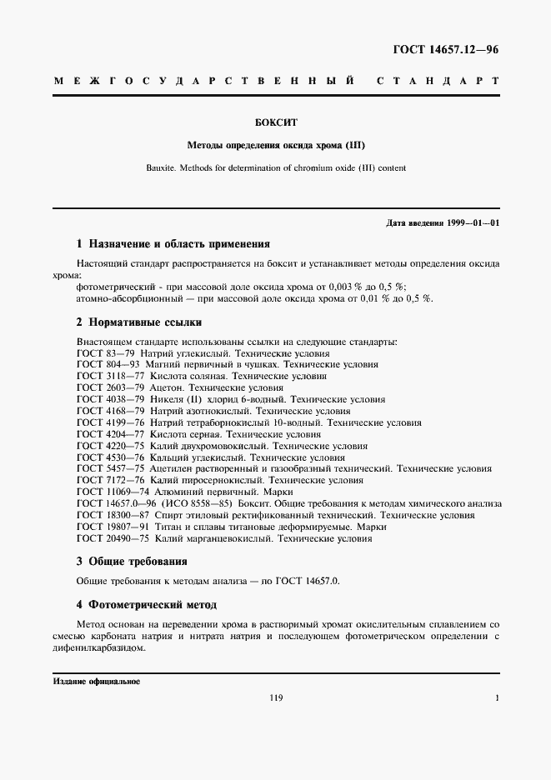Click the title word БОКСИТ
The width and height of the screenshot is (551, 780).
276,122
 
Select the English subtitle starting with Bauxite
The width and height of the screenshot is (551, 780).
276,167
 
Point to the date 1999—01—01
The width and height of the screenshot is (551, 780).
471,223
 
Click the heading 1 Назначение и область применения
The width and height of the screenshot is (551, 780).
173,244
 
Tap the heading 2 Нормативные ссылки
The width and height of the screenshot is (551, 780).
139,322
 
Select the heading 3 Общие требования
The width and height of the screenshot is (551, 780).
132,562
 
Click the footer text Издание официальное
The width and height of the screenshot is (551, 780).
97,681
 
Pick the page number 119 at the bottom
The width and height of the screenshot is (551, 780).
276,698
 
